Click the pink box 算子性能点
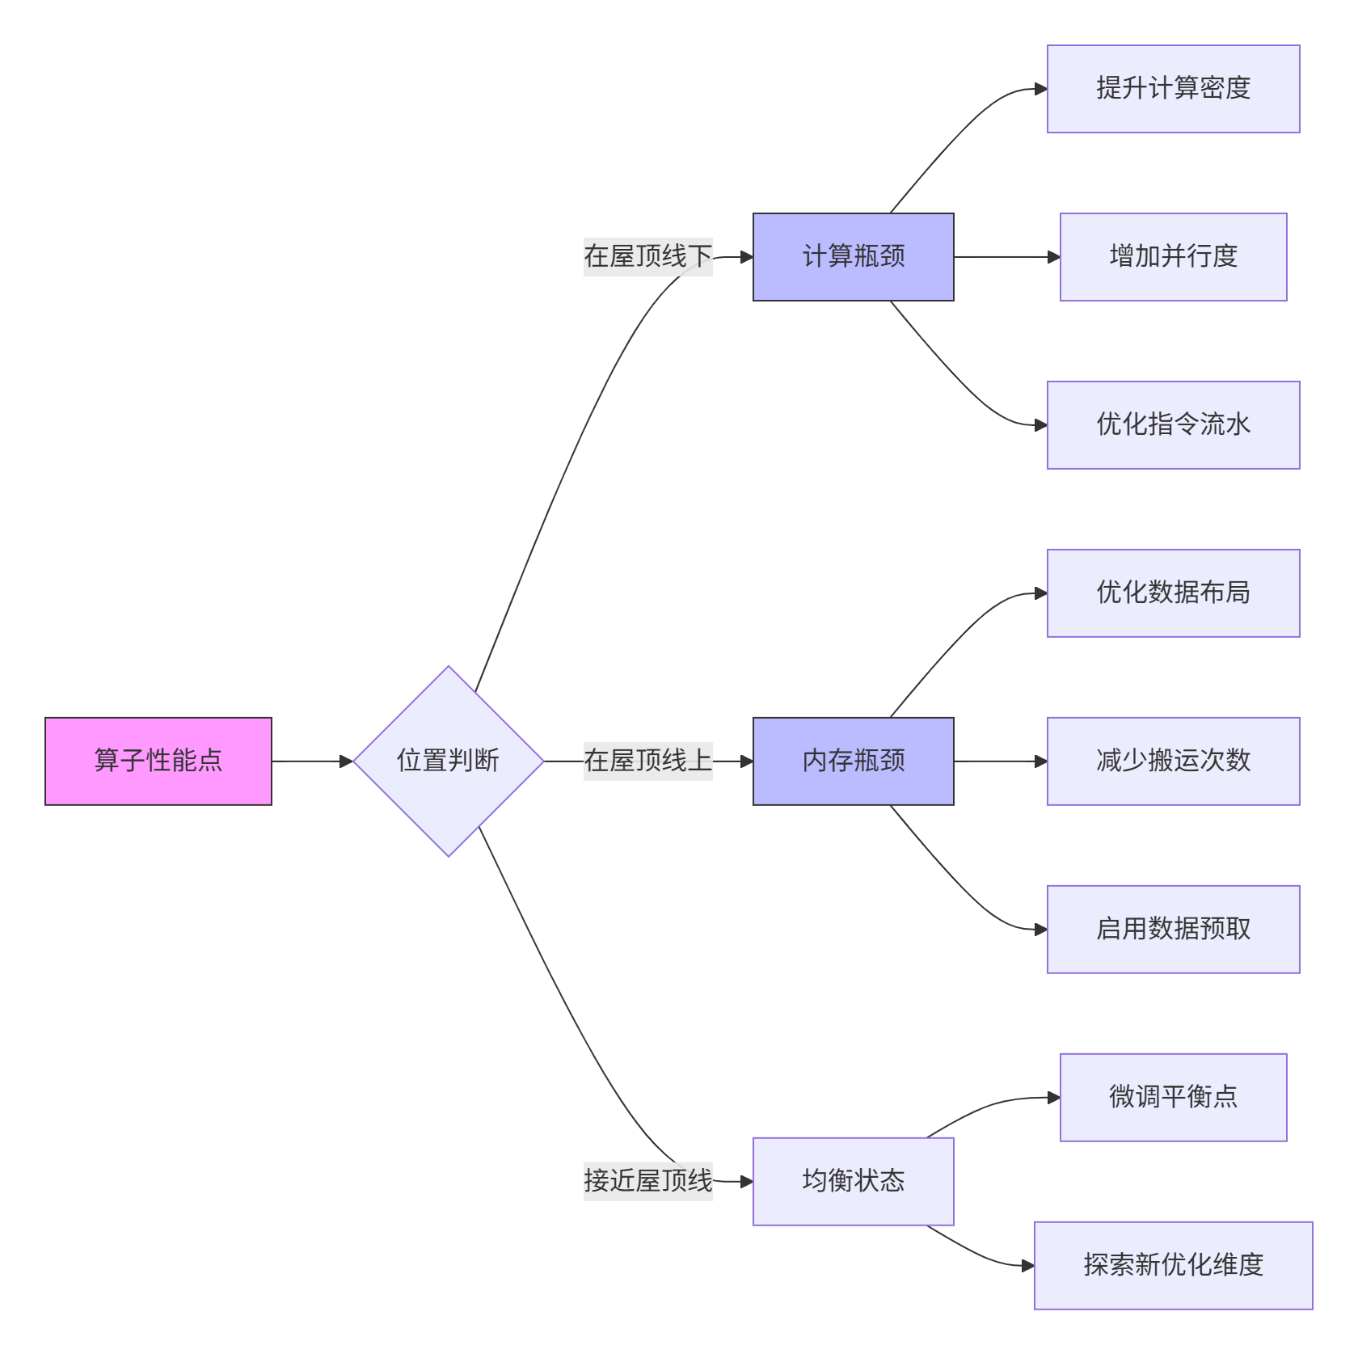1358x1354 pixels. click(158, 761)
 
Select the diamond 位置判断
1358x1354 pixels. click(449, 761)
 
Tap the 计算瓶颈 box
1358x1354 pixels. click(853, 257)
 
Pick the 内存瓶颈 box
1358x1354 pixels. click(853, 761)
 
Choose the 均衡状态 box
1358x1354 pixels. click(853, 1181)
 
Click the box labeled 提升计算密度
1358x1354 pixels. click(1173, 89)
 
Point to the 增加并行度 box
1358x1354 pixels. click(1173, 257)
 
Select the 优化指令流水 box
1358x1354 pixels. click(1173, 425)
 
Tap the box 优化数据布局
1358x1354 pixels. click(1173, 593)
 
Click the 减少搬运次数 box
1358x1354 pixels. click(1173, 761)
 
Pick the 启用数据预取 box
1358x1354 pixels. click(1173, 929)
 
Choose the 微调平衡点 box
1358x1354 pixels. click(1173, 1097)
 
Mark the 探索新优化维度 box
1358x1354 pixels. click(1173, 1265)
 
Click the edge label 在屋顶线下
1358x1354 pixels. click(647, 257)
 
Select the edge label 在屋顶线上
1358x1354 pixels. click(647, 761)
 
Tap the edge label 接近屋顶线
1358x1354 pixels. click(647, 1181)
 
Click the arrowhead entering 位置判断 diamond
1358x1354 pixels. click(347, 761)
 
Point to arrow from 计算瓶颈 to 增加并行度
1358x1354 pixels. click(1006, 257)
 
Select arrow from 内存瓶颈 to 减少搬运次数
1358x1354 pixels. click(1000, 761)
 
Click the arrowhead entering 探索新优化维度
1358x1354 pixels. click(1028, 1265)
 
